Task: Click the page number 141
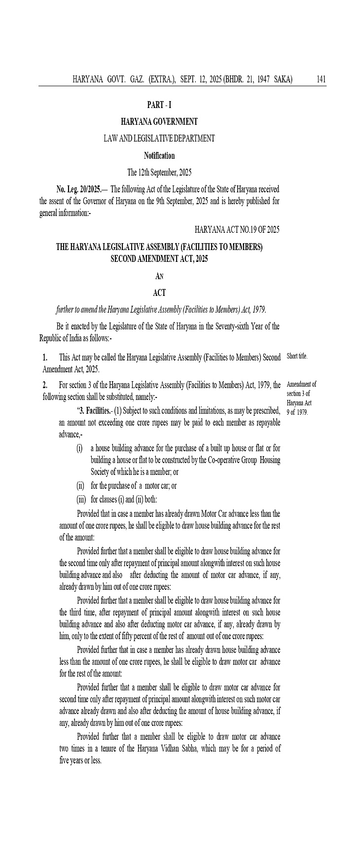point(321,79)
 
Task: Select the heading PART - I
point(159,105)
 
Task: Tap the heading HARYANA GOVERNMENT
point(159,121)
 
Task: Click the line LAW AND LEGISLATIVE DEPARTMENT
point(159,139)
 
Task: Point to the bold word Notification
point(159,156)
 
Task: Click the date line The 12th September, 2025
point(159,173)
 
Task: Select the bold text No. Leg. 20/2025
point(79,189)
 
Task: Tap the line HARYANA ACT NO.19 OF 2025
point(237,230)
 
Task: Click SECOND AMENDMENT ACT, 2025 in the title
point(159,258)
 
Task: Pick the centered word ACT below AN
point(159,293)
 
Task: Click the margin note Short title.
point(297,357)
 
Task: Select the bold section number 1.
point(45,357)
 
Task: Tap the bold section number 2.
point(45,385)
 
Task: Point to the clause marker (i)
point(79,448)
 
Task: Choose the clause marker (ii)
point(80,486)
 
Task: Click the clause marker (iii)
point(81,499)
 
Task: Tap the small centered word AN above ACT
point(159,277)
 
